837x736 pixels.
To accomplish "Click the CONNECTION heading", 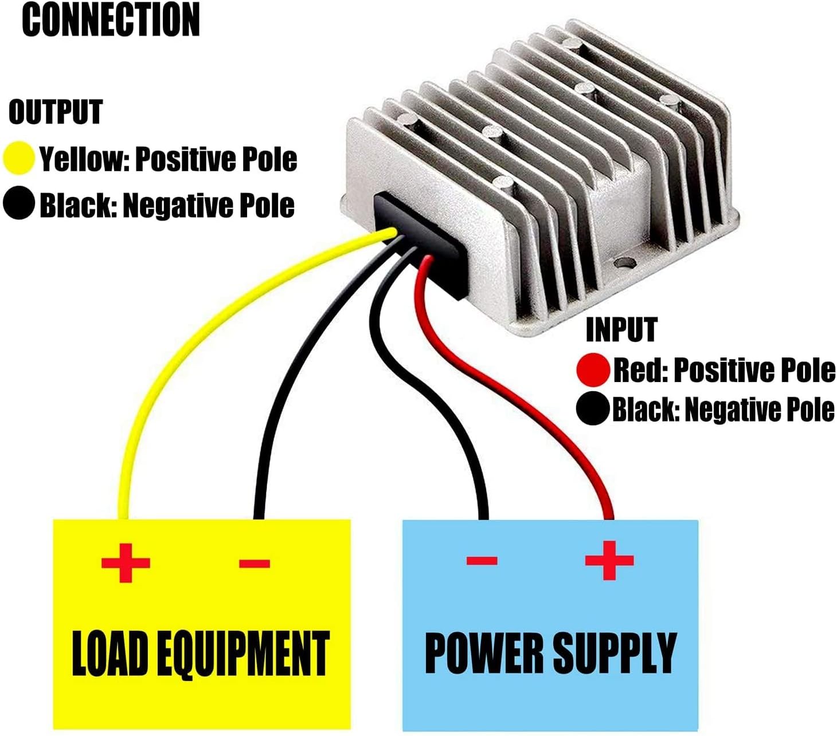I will pos(111,19).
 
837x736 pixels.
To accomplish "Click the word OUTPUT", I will pos(56,112).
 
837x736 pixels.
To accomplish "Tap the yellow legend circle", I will pos(19,158).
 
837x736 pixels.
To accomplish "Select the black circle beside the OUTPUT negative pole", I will pos(19,204).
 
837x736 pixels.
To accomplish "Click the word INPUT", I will pos(621,330).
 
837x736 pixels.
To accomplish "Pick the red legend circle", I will pos(593,369).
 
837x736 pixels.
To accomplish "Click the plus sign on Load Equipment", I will pos(126,562).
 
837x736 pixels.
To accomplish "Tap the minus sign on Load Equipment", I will pos(254,564).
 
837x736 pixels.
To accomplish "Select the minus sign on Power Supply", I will pos(482,560).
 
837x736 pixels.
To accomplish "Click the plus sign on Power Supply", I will pos(609,560).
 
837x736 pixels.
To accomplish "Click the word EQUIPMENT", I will pos(243,653).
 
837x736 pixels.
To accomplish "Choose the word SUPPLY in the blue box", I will pos(614,653).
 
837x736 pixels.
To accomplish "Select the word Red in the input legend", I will pos(637,370).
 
